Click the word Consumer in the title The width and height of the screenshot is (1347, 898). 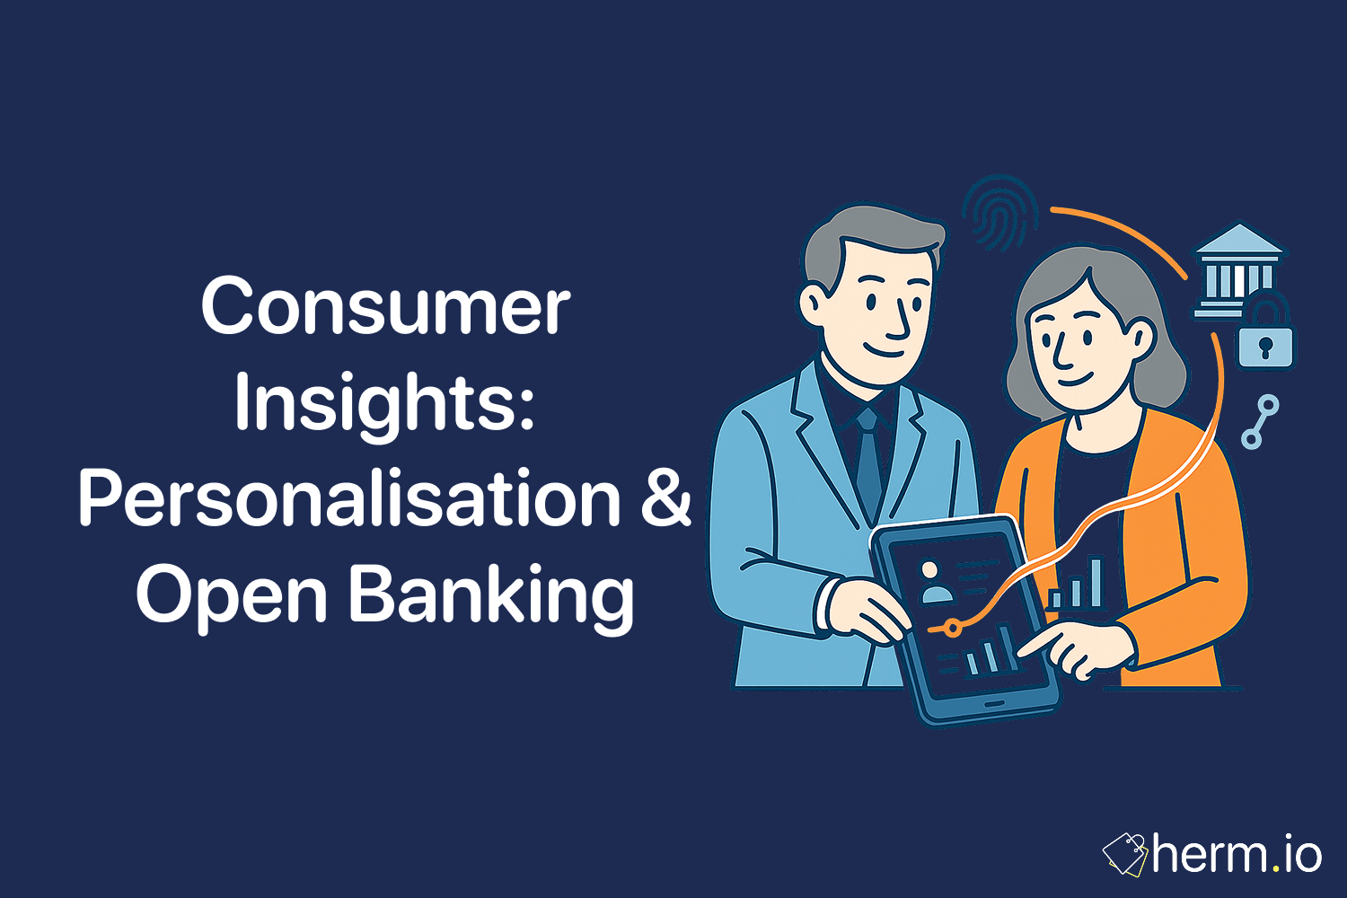pyautogui.click(x=385, y=307)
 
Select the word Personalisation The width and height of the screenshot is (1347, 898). pyautogui.click(x=349, y=499)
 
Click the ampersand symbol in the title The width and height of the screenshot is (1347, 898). pyautogui.click(x=666, y=499)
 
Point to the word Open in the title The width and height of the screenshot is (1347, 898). pyautogui.click(x=231, y=595)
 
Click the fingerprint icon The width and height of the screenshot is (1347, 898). pyautogui.click(x=999, y=214)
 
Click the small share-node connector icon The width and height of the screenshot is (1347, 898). pyautogui.click(x=1260, y=421)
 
